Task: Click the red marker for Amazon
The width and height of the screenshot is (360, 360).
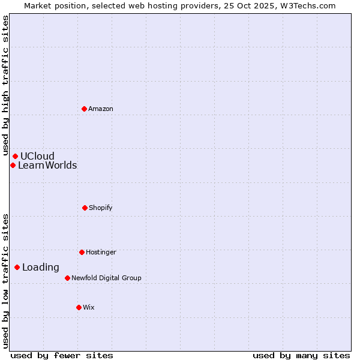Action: point(84,109)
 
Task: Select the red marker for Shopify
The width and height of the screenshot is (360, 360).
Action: point(85,208)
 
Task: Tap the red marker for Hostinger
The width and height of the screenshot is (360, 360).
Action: point(82,252)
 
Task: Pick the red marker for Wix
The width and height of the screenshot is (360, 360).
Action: point(79,307)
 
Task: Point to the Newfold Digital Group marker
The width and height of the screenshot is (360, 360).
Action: point(67,278)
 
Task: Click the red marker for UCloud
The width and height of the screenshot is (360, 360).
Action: point(15,156)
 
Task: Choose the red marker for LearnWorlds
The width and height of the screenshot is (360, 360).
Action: point(13,165)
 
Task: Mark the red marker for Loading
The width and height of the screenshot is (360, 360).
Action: point(17,267)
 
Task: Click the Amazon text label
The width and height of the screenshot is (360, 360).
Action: point(101,109)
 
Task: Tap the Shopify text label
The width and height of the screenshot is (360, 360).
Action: point(101,208)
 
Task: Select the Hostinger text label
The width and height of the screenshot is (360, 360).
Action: point(101,252)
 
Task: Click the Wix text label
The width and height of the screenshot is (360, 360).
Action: point(89,307)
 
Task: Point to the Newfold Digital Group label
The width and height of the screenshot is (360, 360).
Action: point(106,278)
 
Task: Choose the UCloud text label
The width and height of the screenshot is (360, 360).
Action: point(37,156)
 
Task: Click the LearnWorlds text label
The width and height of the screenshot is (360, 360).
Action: point(47,165)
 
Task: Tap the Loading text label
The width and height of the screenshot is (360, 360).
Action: point(41,267)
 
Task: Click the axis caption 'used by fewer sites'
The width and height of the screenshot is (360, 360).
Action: point(62,355)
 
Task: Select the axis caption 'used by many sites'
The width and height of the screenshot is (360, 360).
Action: point(301,355)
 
